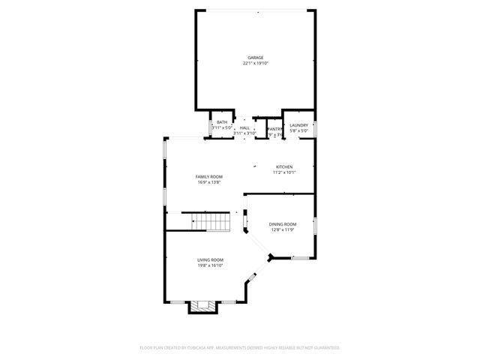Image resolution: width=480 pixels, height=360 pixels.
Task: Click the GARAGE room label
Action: pos(255,58)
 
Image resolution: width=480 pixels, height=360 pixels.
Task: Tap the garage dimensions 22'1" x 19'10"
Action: pos(255,64)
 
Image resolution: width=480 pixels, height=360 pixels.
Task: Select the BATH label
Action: pos(222,122)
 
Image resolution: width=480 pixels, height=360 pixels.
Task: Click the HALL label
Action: pos(244,128)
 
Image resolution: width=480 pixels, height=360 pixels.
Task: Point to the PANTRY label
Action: pos(274,129)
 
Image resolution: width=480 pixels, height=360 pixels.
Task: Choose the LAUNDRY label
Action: pos(298,125)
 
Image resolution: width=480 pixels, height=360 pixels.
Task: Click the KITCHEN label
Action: pos(284,166)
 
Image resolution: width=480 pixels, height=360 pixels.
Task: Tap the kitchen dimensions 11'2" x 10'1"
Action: pos(284,172)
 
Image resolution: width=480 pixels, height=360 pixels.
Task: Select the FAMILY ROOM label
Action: pos(209,176)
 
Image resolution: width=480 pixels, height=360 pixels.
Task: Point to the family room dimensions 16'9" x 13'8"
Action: pos(209,182)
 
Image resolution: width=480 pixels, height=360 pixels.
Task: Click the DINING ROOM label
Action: pos(283,224)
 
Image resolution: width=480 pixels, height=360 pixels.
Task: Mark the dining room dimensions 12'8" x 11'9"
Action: pos(283,230)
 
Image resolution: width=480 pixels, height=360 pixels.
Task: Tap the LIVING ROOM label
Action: pos(210,259)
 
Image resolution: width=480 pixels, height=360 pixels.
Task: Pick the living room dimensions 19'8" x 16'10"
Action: pos(210,265)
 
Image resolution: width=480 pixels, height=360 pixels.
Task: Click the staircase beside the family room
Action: pos(209,222)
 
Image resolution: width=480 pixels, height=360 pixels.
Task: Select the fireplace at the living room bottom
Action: pos(201,306)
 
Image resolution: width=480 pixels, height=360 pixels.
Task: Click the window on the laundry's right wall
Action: pos(316,129)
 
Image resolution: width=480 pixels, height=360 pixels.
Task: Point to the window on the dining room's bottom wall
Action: pos(301,258)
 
